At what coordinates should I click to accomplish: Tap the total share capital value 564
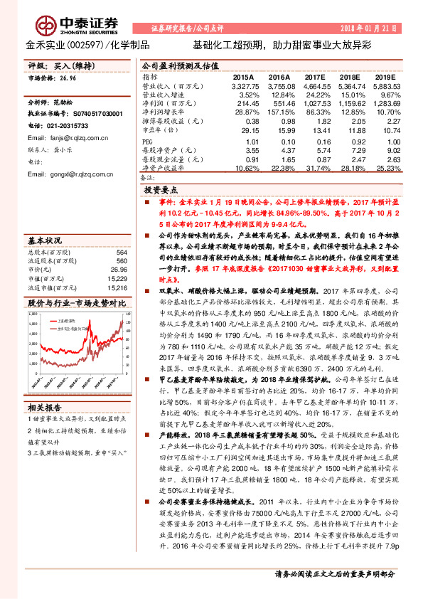[122, 253]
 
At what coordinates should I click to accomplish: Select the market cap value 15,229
[118, 279]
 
